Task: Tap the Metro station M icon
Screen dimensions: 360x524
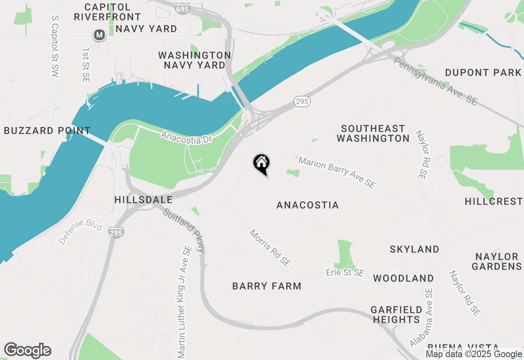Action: (99, 35)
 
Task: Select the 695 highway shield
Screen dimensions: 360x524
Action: (181, 9)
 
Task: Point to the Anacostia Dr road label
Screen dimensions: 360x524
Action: (186, 137)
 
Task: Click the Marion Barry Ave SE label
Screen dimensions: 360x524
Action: (337, 173)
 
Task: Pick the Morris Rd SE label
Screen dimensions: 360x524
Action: (270, 248)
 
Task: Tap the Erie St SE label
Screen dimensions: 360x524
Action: (345, 272)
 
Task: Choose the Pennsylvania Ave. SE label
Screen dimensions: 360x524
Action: (436, 81)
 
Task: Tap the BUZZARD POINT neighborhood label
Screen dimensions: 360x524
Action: (47, 131)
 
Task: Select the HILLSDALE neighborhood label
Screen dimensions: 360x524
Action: (144, 200)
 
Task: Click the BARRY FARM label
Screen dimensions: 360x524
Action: (267, 286)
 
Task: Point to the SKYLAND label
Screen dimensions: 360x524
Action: (414, 249)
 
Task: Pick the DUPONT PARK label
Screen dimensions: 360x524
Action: (483, 73)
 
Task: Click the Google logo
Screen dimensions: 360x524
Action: (27, 351)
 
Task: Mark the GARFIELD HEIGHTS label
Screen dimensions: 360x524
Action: (396, 315)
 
